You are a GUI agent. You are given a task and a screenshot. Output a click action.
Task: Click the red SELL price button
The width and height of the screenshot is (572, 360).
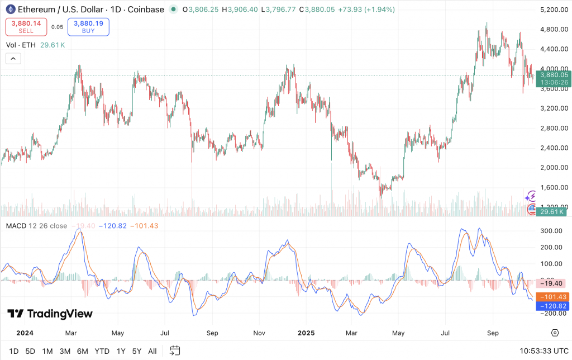[26, 27]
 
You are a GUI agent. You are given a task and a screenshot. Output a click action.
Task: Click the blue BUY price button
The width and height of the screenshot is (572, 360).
[88, 27]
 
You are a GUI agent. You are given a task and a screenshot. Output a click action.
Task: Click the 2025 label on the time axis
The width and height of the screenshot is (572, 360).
[306, 333]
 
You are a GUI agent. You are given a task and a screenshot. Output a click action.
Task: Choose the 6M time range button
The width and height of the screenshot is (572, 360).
[83, 351]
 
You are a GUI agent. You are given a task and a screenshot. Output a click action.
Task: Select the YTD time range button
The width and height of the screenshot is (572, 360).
[102, 351]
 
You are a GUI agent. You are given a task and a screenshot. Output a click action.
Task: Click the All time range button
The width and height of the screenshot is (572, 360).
[152, 351]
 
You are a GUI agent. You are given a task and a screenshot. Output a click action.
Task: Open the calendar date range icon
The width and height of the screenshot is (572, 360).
[175, 350]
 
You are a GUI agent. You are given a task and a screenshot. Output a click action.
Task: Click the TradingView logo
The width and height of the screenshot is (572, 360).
[50, 314]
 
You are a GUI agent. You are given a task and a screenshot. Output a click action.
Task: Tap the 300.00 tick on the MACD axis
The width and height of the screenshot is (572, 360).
[551, 230]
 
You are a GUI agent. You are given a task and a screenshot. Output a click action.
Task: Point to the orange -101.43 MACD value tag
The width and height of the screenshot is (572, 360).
[553, 297]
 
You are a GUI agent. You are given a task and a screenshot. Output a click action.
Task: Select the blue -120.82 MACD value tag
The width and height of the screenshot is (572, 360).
[553, 306]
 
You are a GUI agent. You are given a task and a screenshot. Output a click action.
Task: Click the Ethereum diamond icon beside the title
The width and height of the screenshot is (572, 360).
[10, 10]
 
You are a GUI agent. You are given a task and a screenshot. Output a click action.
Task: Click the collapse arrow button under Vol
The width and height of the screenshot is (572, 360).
[13, 58]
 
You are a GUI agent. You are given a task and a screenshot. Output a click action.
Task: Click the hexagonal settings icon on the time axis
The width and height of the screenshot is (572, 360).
[555, 333]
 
